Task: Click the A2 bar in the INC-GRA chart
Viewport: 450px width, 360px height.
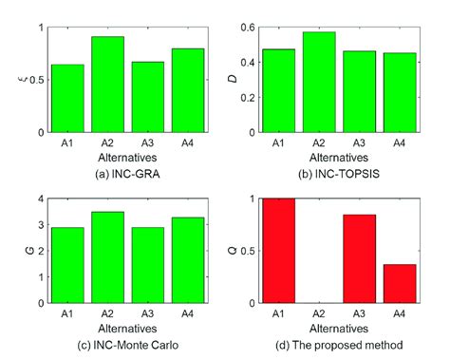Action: (x=107, y=85)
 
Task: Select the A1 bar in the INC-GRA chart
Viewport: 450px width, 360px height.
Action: (x=67, y=99)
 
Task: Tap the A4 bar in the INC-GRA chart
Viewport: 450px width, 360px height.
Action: (x=187, y=90)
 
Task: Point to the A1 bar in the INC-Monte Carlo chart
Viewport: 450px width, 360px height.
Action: (x=67, y=265)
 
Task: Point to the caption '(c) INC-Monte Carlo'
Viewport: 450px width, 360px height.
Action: (x=127, y=342)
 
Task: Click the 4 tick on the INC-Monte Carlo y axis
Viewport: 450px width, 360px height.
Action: (x=39, y=199)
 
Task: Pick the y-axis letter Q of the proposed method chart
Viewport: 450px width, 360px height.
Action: (x=238, y=252)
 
